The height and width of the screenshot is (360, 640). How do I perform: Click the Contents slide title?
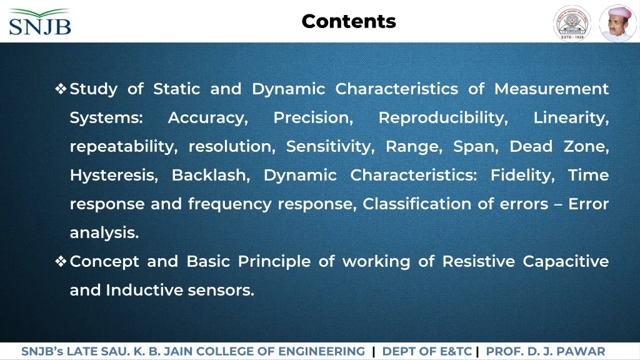click(349, 21)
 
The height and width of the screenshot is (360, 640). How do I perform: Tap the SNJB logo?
click(40, 22)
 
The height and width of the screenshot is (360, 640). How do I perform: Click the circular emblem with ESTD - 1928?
click(572, 23)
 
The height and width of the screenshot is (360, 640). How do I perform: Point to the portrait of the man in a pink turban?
click(617, 23)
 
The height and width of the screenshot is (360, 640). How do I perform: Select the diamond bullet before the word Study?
click(61, 89)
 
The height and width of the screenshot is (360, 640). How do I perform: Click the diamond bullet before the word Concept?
click(61, 261)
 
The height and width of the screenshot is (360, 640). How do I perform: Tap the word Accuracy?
click(207, 118)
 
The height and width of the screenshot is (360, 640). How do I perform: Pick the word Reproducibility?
click(443, 118)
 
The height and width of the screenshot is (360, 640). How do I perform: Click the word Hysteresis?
click(114, 176)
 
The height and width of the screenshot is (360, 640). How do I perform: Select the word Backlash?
click(211, 175)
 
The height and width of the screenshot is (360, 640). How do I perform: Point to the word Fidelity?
click(522, 176)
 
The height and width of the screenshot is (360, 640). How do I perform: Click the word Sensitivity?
click(330, 146)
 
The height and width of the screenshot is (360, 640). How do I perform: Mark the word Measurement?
click(551, 89)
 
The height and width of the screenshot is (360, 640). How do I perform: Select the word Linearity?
click(571, 118)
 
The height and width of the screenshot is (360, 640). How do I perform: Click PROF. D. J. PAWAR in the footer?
click(545, 351)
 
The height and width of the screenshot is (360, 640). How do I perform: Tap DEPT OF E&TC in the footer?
click(427, 351)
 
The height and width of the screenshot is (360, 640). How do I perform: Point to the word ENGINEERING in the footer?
click(322, 351)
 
